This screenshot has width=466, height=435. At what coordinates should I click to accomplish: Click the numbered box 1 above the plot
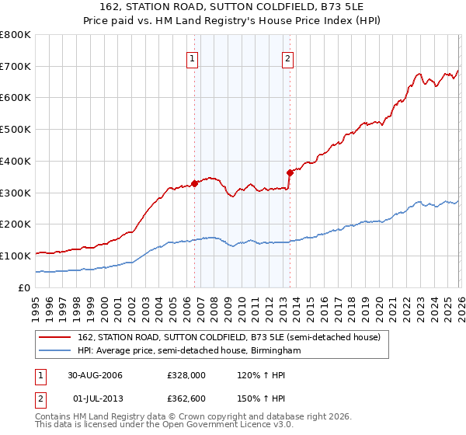pos(192,57)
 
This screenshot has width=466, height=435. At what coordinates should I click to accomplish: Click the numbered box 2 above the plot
pos(287,57)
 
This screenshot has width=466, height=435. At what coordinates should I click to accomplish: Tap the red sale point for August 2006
pos(194,183)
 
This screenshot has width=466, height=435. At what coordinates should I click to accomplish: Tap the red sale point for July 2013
pos(290,172)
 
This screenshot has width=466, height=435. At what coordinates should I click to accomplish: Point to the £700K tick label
pos(16,66)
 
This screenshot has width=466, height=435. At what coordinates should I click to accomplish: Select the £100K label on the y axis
pos(16,256)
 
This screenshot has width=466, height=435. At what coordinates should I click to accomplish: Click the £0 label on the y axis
pos(25,287)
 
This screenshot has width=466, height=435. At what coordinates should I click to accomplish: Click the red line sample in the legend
pos(54,338)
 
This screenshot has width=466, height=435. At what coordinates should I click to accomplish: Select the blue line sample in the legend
pos(54,351)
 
